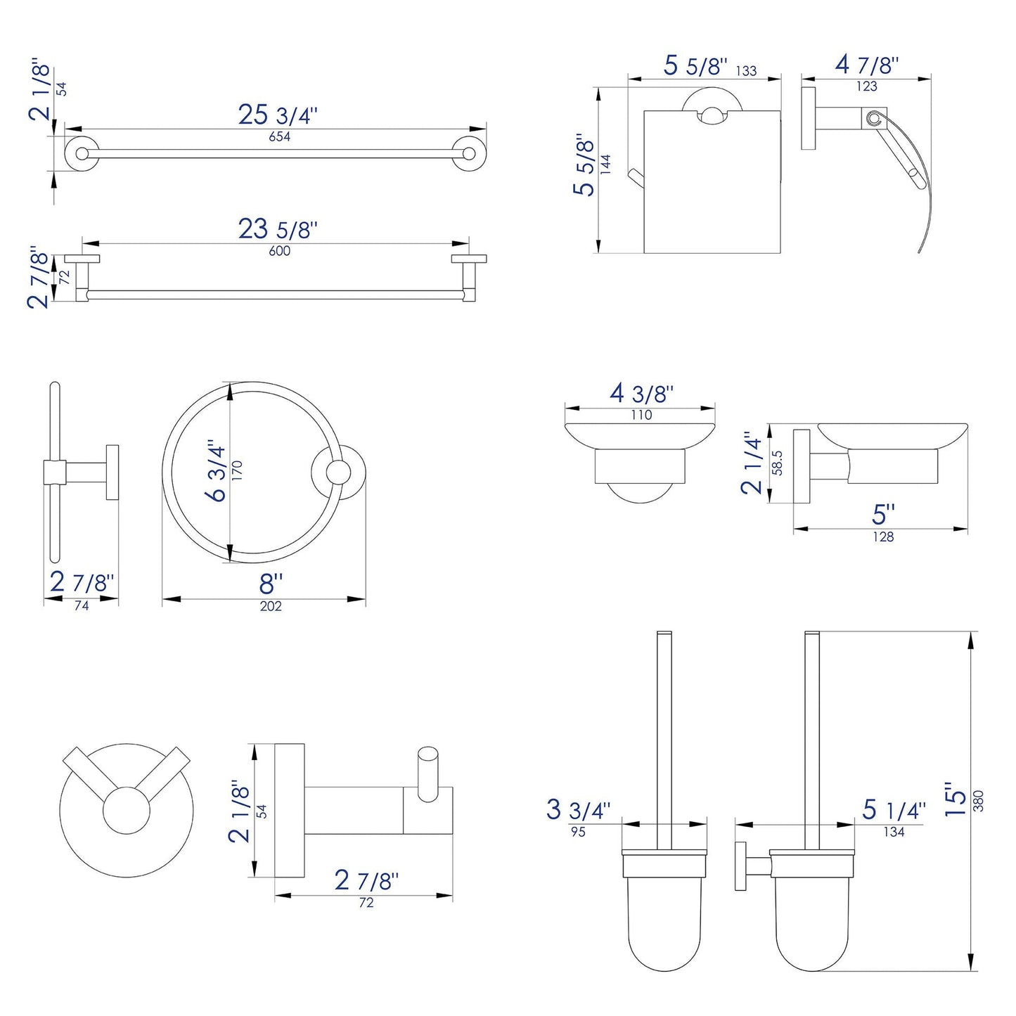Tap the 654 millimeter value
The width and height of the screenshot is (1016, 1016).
[279, 137]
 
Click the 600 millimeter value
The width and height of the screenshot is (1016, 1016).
[279, 251]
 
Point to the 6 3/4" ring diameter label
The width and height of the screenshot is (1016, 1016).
[217, 471]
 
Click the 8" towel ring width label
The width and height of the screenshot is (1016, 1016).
[271, 583]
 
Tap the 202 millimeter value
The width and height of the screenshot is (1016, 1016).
[271, 606]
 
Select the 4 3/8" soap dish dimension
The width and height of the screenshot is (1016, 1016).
[641, 393]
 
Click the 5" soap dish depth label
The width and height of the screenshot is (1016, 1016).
[882, 514]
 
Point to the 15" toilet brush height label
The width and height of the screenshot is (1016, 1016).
[956, 799]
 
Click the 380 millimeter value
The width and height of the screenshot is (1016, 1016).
[979, 801]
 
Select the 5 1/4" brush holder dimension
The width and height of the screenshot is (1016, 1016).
[894, 810]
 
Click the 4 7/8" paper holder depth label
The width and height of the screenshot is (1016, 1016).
[867, 65]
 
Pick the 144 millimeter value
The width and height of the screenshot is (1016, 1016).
[607, 165]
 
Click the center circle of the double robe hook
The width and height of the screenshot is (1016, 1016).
[127, 811]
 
